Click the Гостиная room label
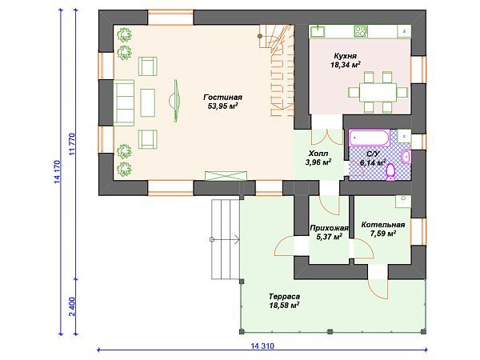tap(223, 98)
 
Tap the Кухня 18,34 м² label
tap(345, 60)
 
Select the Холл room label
tap(318, 154)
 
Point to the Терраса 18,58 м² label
tap(284, 301)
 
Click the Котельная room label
tap(383, 225)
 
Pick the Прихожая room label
tap(329, 228)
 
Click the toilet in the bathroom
tap(390, 172)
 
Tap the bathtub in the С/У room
tap(369, 138)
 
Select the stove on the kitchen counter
tap(361, 31)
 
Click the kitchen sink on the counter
tap(318, 31)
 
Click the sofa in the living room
tap(124, 102)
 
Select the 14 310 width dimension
tap(262, 346)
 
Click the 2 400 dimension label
tap(72, 306)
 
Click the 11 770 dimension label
tap(72, 145)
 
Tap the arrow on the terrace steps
tap(226, 239)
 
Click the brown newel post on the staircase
tap(260, 36)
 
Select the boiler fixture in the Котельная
tap(403, 202)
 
